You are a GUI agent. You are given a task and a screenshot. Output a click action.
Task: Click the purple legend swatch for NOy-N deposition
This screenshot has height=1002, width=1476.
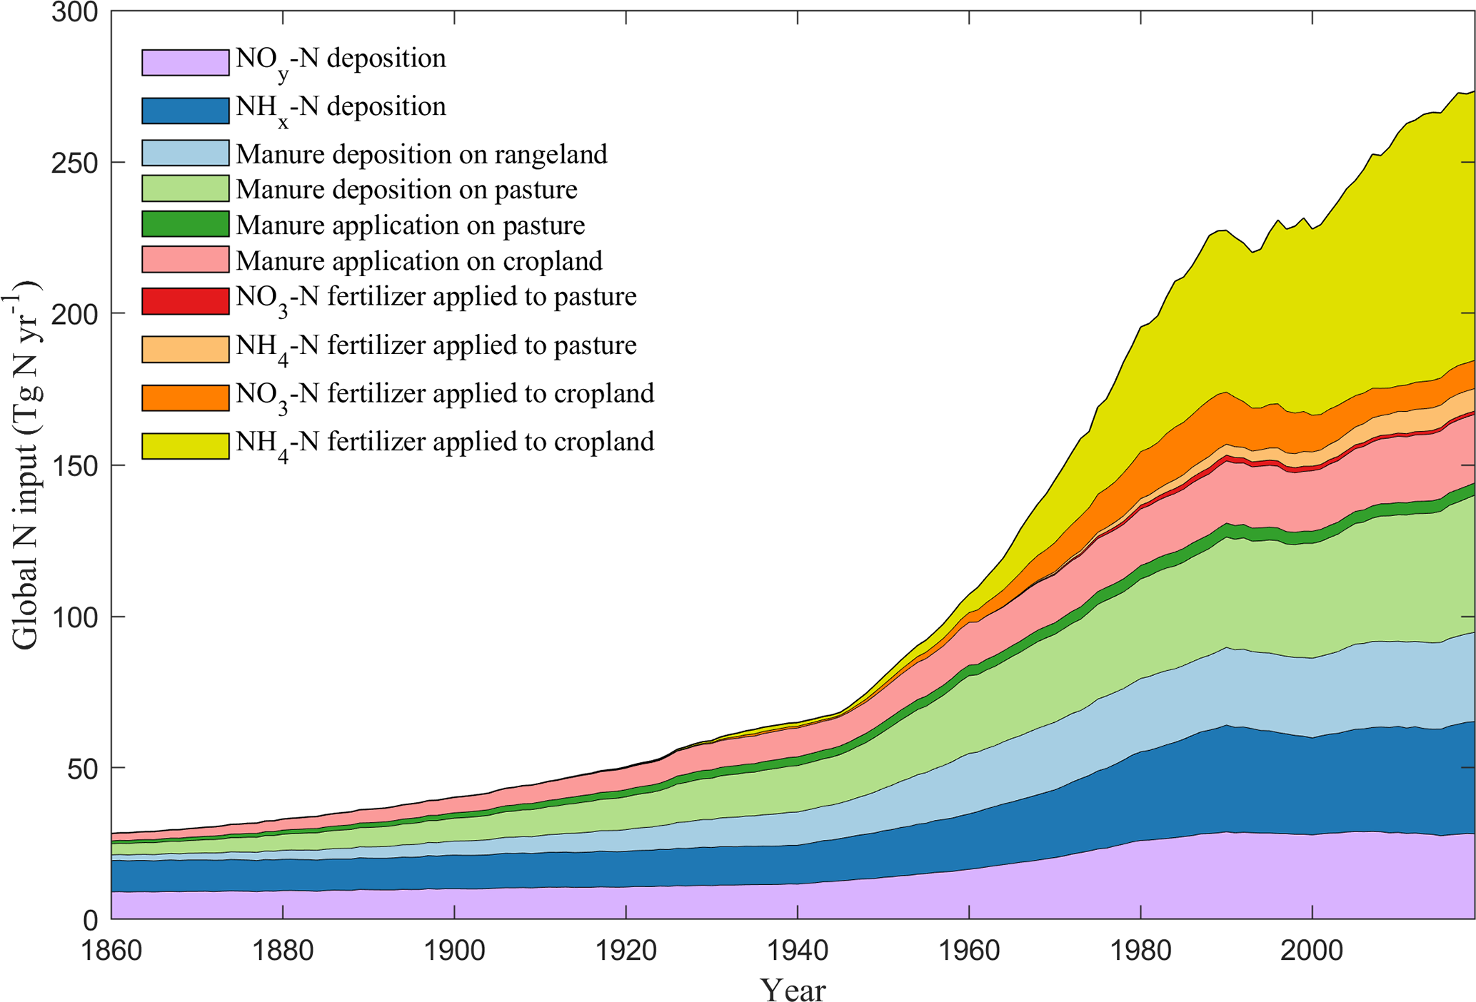click(185, 62)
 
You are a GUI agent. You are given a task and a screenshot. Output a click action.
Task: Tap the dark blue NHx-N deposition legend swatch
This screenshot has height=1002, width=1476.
click(185, 110)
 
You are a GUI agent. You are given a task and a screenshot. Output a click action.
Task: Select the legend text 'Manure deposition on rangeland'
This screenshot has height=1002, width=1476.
click(421, 154)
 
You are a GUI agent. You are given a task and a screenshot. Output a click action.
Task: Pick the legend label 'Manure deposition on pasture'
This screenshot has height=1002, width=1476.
click(406, 190)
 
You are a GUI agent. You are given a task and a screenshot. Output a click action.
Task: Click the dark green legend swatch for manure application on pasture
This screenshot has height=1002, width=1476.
click(185, 224)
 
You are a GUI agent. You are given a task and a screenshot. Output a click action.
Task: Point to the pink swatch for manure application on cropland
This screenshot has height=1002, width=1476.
click(185, 260)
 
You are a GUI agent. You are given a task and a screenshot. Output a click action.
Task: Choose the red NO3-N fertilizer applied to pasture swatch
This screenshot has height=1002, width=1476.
click(185, 301)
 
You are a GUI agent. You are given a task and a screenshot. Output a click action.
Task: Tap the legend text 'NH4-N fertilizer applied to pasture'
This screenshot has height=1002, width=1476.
click(436, 346)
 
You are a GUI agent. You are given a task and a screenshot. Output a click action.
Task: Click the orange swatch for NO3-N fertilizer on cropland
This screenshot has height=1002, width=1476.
click(185, 398)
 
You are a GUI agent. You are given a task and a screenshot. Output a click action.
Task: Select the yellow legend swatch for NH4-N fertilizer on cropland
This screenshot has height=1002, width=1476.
click(185, 445)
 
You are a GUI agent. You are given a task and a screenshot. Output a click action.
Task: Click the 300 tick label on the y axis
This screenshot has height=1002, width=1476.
click(74, 13)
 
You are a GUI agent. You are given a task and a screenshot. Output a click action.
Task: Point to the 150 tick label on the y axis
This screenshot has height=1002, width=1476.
click(74, 465)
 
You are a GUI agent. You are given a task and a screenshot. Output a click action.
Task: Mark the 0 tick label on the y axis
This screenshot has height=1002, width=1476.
click(90, 920)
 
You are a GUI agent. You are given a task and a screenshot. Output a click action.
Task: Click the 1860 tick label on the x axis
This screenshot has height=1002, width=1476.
click(111, 951)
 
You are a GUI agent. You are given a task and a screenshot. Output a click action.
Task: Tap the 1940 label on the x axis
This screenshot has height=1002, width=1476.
click(798, 951)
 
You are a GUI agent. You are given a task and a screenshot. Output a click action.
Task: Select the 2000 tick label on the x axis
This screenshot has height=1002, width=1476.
click(1312, 951)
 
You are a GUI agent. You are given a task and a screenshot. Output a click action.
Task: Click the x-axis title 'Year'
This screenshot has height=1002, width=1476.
click(793, 988)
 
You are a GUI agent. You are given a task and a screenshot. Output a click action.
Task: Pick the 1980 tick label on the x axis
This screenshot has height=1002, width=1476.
click(1140, 951)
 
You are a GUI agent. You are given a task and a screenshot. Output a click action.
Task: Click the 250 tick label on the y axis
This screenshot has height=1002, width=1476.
click(74, 163)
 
